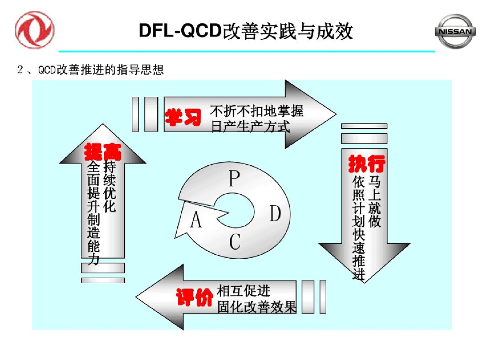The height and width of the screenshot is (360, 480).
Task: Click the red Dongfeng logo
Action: click(34, 30)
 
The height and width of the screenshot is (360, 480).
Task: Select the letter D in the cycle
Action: click(276, 214)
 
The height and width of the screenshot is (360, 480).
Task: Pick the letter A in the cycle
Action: click(196, 220)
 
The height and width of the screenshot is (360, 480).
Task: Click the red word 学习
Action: click(184, 117)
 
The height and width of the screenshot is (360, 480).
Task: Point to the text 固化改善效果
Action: click(256, 307)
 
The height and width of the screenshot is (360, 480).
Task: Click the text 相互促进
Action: click(243, 291)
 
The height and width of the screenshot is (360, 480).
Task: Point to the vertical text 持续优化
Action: click(109, 187)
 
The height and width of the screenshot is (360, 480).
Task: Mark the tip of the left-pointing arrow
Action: click(137, 297)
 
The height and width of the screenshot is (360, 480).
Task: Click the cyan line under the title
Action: click(247, 52)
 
